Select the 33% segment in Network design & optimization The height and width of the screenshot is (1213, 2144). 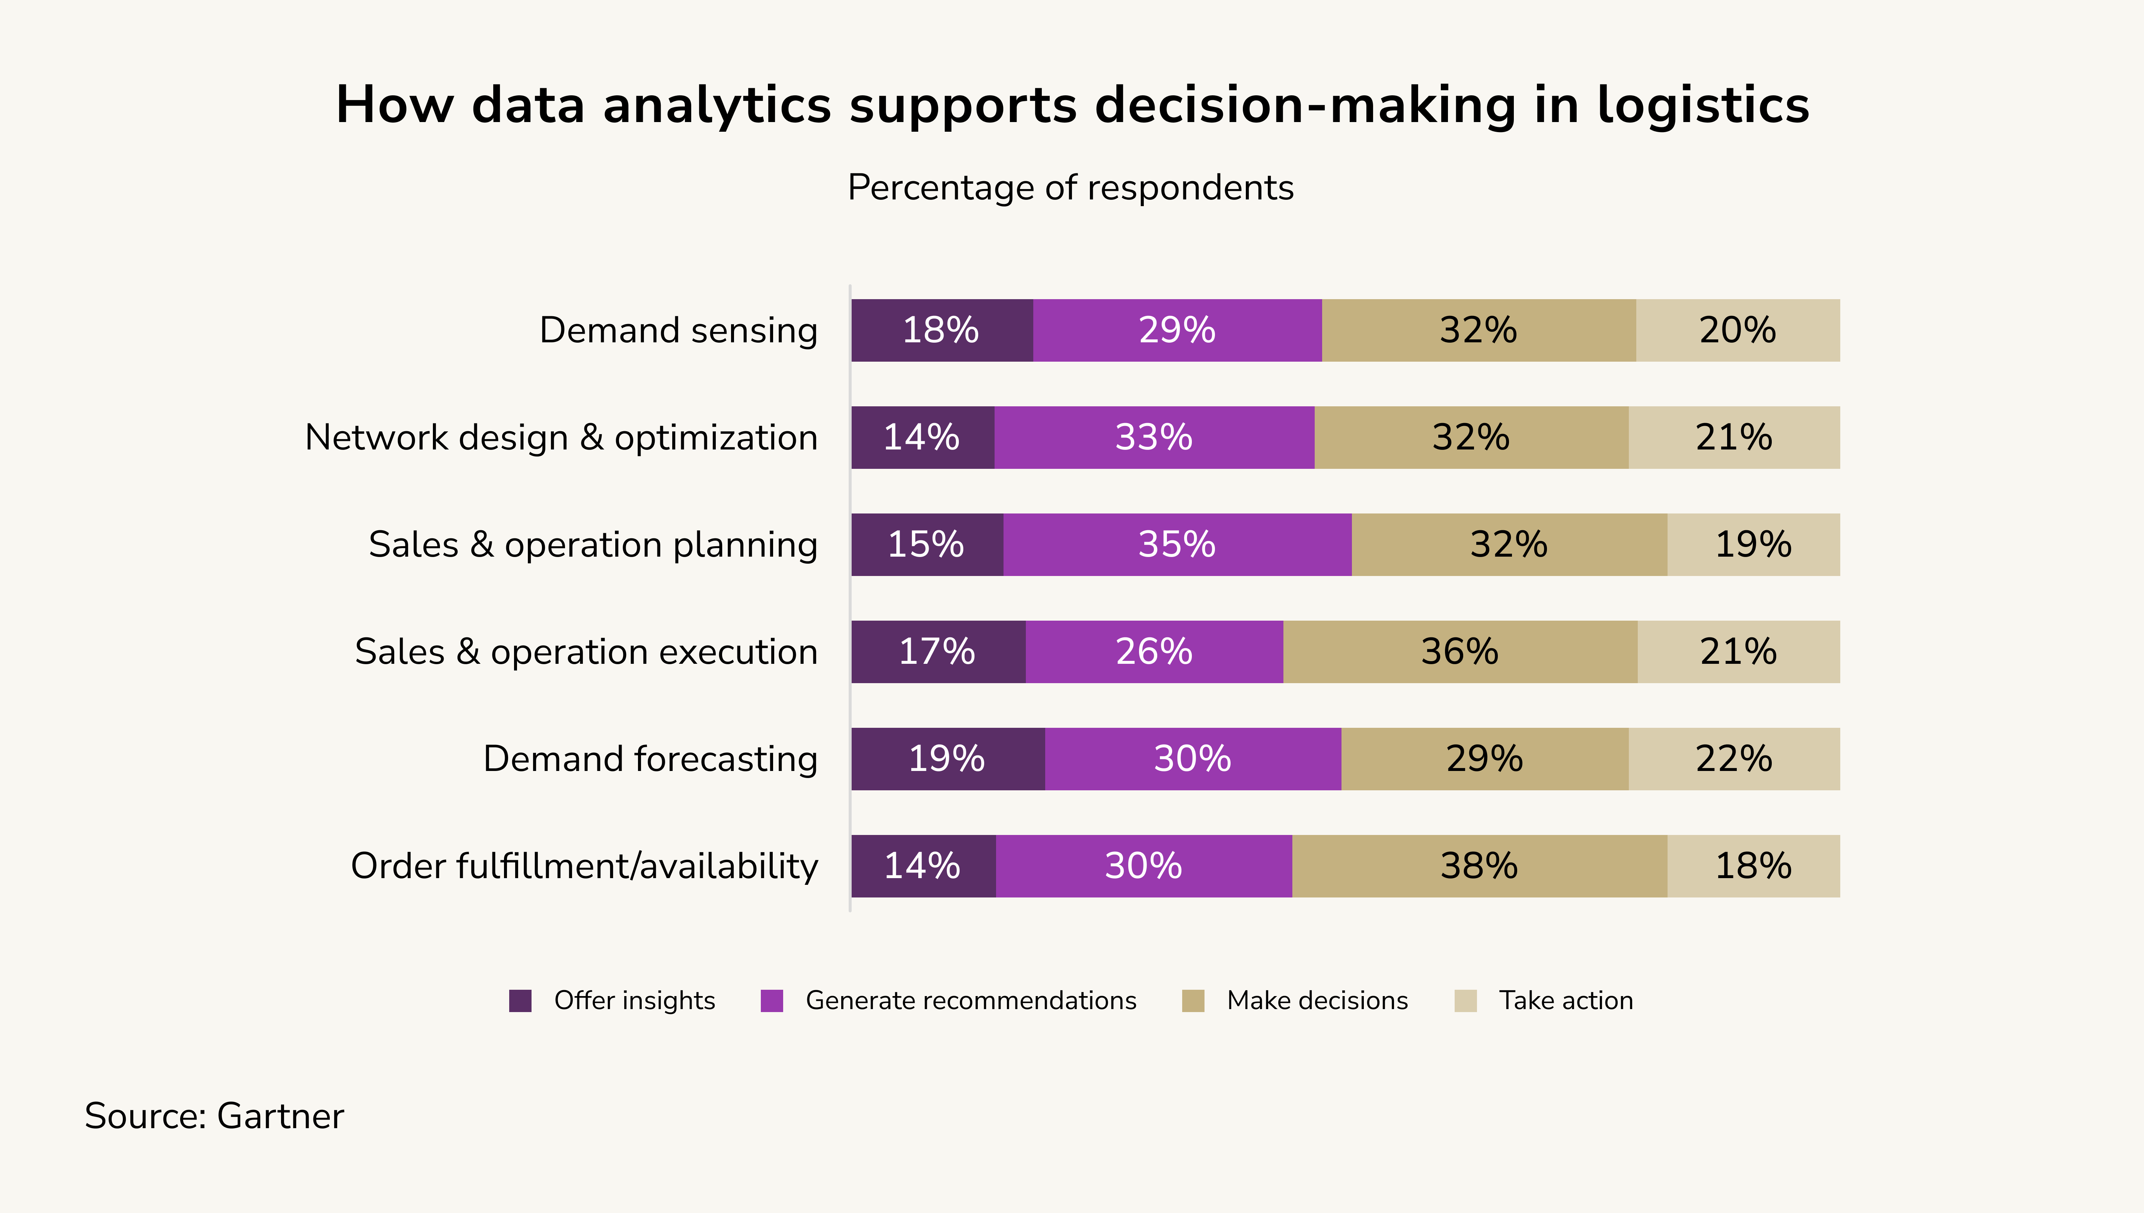coord(1154,437)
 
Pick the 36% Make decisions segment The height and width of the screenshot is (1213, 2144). coord(1460,652)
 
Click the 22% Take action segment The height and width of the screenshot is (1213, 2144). coord(1734,759)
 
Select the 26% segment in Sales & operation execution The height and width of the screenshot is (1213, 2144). coord(1154,652)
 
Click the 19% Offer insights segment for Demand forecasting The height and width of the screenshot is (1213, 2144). coord(947,759)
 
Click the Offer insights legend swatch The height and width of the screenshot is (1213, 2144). coord(520,1001)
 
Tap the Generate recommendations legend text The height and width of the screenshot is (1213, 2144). coord(971,1001)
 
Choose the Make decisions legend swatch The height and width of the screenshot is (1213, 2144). coord(1193,1001)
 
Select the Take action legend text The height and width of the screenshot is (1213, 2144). coord(1566,1001)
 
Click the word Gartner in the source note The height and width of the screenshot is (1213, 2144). coord(280,1116)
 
